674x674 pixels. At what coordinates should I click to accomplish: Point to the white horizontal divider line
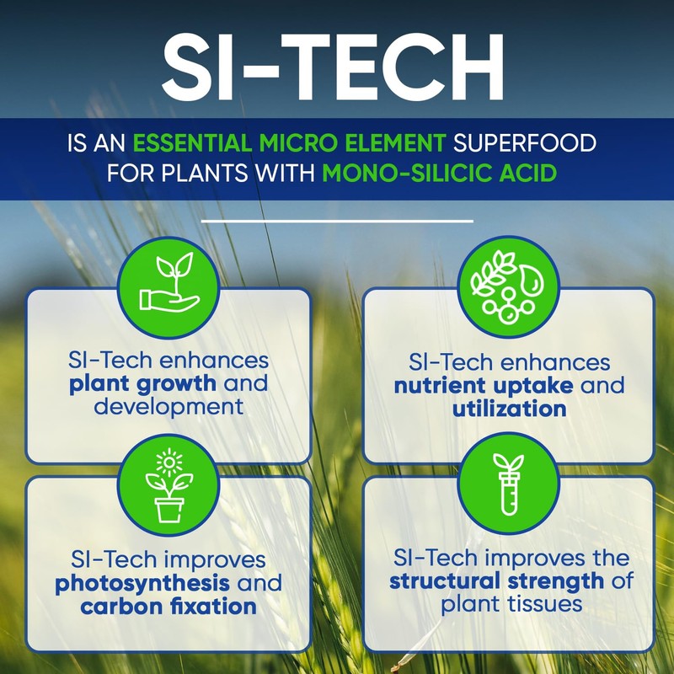coord(337,221)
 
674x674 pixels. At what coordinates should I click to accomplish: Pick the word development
coord(168,405)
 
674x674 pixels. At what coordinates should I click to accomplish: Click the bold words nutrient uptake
coord(484,386)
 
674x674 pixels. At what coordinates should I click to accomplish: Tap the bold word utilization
coord(508,409)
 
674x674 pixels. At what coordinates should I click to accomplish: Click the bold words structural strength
coord(496,580)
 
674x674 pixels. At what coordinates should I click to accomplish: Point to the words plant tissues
coord(508,603)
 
